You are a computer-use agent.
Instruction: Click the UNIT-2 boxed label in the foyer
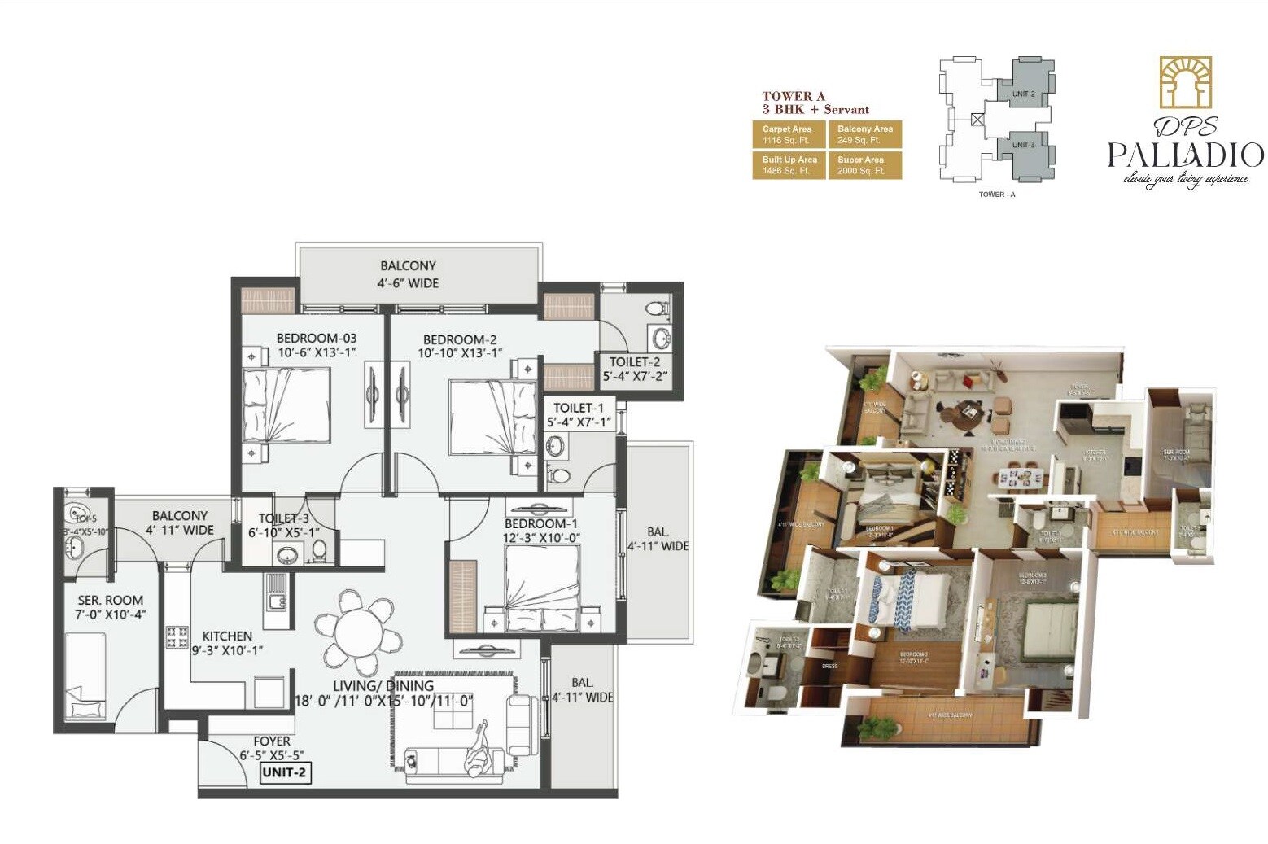click(284, 772)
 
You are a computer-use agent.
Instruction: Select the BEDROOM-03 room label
click(317, 338)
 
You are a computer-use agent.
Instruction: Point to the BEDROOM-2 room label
click(460, 339)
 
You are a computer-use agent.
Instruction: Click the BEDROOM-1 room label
click(540, 523)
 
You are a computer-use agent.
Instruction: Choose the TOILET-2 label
click(635, 361)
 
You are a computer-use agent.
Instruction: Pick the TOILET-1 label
click(579, 408)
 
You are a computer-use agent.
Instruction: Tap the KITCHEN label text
click(227, 636)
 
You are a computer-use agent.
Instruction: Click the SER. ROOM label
click(111, 600)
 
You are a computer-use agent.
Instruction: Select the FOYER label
click(272, 741)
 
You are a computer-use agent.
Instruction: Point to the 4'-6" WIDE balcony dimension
click(408, 283)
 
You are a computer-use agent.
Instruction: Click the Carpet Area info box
click(788, 134)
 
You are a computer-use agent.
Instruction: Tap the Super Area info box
click(864, 165)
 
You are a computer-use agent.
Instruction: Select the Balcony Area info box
click(864, 134)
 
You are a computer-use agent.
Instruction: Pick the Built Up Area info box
click(788, 165)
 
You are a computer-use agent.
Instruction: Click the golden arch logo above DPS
click(1186, 82)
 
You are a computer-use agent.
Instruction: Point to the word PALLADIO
click(1185, 154)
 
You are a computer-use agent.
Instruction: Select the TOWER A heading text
click(794, 96)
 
